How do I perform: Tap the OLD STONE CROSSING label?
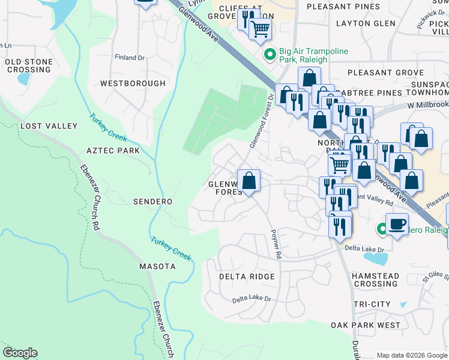(x=28, y=66)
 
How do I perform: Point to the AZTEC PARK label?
(x=113, y=151)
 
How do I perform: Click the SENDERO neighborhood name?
(x=152, y=202)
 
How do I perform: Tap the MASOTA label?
(x=157, y=266)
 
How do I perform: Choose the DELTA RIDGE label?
(x=247, y=277)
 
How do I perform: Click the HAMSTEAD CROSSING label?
(x=375, y=279)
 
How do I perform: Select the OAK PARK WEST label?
(x=365, y=325)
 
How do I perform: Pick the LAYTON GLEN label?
(x=366, y=23)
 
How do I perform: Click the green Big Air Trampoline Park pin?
(x=270, y=55)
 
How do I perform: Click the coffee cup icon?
(x=396, y=224)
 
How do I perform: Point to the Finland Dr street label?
(x=130, y=57)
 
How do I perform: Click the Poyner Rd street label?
(x=276, y=244)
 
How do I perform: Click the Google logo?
(x=20, y=353)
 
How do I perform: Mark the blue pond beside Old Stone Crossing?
(x=25, y=78)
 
